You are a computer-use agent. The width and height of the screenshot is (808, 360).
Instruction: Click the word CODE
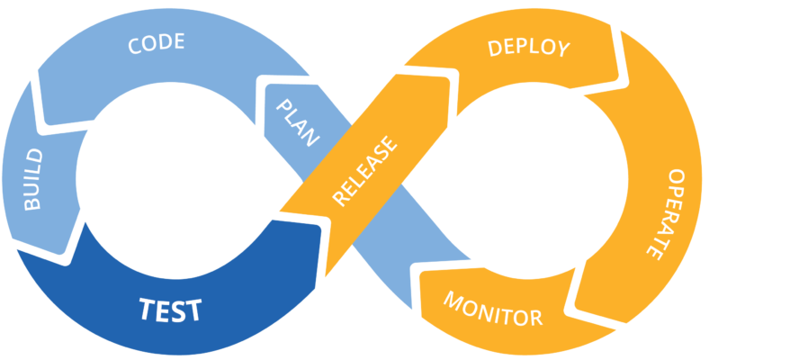[156, 43]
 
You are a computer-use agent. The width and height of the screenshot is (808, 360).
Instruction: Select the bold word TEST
[171, 310]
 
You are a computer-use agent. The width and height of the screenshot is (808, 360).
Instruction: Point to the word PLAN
[297, 122]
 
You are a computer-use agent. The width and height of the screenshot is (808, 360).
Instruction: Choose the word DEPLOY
[528, 48]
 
